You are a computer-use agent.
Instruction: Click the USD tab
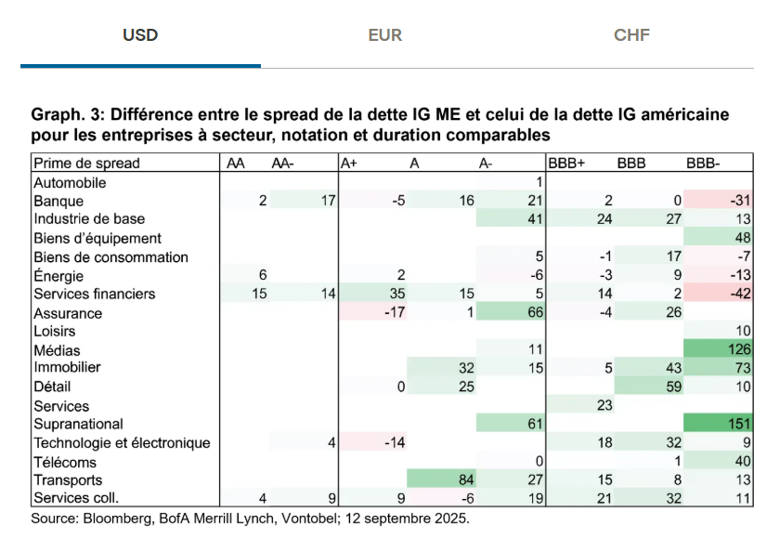click(140, 35)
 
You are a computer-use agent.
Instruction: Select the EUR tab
click(384, 35)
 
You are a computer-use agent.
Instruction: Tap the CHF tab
click(631, 35)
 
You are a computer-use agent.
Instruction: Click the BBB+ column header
click(566, 164)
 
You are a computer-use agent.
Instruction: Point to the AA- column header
click(282, 164)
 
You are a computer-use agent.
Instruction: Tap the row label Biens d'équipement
click(84, 238)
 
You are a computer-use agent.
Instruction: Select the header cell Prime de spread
click(86, 164)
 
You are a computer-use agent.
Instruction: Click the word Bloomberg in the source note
click(110, 518)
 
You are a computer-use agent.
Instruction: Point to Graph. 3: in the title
click(66, 115)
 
